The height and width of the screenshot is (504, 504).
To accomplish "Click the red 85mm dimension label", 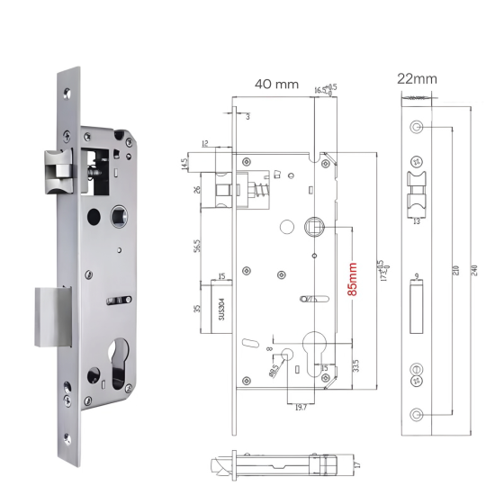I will (x=353, y=279).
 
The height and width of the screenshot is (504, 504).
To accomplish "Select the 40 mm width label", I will (x=275, y=84).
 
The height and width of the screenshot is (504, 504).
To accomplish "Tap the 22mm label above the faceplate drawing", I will (x=417, y=78).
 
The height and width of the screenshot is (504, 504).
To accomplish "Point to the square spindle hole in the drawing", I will (x=315, y=224).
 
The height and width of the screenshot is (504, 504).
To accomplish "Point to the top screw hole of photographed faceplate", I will (x=70, y=90).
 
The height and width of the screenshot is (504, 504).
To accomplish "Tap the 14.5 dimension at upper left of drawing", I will (x=184, y=166).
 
